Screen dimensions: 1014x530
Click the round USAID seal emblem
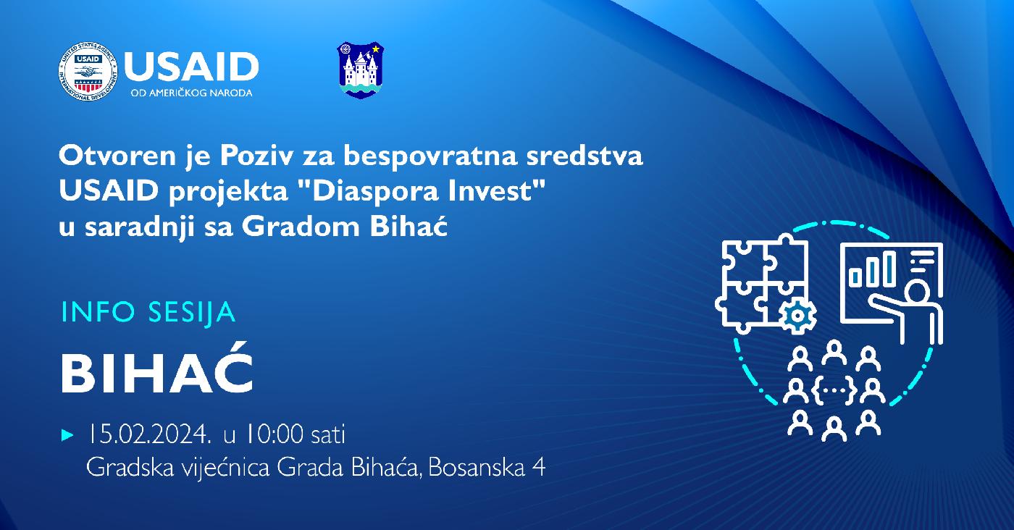(88, 72)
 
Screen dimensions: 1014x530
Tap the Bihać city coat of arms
(361, 70)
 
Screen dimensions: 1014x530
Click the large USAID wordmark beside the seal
(191, 66)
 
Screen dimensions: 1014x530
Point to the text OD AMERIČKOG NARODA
(191, 93)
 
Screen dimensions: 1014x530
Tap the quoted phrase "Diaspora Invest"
(421, 192)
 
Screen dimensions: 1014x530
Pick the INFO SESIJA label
(148, 312)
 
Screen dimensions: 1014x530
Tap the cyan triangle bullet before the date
(67, 435)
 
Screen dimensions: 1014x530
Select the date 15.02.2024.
(149, 434)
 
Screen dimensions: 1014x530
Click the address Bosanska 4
(487, 468)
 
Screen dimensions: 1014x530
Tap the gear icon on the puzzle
(797, 315)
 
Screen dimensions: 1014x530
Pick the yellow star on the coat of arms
(376, 49)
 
